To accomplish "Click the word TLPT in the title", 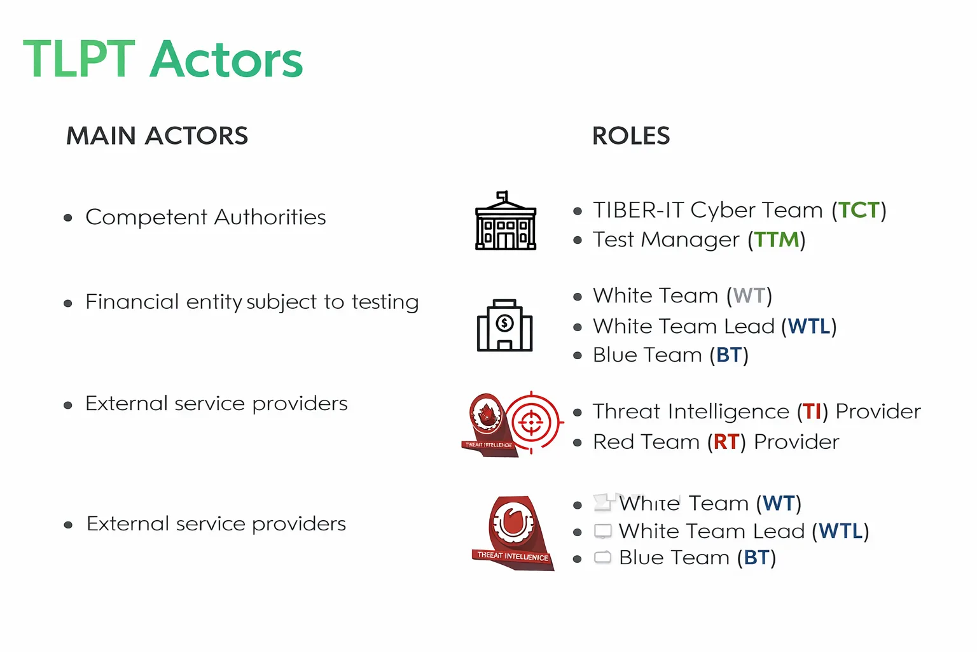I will [x=79, y=60].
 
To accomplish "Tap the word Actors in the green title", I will [x=226, y=60].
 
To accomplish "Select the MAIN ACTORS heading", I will [x=157, y=136].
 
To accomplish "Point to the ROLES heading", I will [x=631, y=136].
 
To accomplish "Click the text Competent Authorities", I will [x=205, y=217].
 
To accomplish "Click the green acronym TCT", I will [x=859, y=210].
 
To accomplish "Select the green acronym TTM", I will [x=776, y=239].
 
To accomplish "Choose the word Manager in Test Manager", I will [x=690, y=239].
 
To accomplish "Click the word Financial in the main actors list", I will [x=132, y=302].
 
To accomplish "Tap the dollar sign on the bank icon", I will [x=505, y=323].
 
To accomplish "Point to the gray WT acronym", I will [x=749, y=295].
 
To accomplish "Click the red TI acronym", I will [x=812, y=411].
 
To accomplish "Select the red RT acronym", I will [x=726, y=442].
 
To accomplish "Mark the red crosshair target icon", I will [x=532, y=422].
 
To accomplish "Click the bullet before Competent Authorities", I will [x=68, y=218].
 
